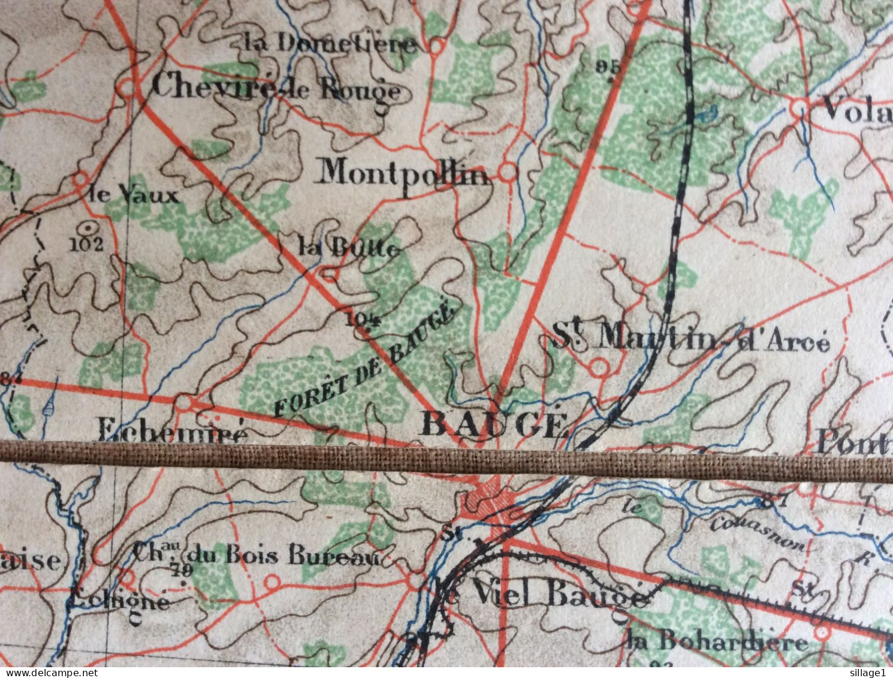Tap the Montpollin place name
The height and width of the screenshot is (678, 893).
pyautogui.click(x=403, y=173)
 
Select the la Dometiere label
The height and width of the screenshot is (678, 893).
pyautogui.click(x=330, y=44)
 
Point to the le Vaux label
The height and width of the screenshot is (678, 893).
pyautogui.click(x=133, y=195)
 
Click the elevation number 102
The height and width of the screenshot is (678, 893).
pyautogui.click(x=87, y=243)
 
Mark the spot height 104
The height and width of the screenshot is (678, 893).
pyautogui.click(x=363, y=318)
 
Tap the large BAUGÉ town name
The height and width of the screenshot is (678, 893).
pyautogui.click(x=494, y=424)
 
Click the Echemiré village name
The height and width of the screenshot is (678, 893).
pyautogui.click(x=172, y=430)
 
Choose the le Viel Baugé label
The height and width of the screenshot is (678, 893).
pyautogui.click(x=542, y=595)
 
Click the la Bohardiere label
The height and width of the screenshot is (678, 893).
pyautogui.click(x=717, y=642)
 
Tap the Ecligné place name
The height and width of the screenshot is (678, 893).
pyautogui.click(x=119, y=600)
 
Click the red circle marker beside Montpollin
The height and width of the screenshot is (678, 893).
pyautogui.click(x=508, y=172)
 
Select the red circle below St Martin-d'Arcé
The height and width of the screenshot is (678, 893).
pyautogui.click(x=599, y=367)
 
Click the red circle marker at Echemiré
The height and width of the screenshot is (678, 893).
pyautogui.click(x=186, y=403)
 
